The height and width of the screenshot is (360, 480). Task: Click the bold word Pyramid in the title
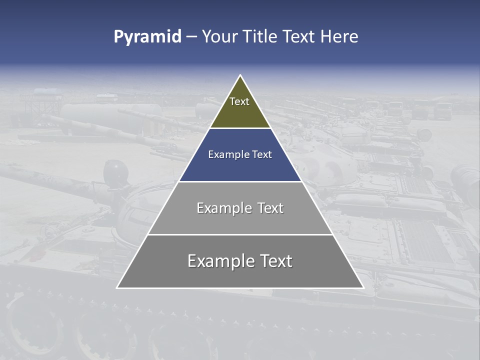coord(147,37)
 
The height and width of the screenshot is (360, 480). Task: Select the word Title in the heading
coord(260,36)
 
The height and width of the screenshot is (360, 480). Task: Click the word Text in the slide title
coord(300,36)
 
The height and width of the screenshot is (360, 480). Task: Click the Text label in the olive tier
coord(239,101)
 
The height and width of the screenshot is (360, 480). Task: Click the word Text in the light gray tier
coord(270,208)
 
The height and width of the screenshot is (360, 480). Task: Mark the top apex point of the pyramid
coord(240,75)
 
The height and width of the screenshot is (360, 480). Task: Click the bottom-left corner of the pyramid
coord(117,288)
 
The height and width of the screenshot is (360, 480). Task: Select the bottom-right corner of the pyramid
coord(363,288)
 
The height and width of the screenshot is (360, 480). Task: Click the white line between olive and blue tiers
coord(240,128)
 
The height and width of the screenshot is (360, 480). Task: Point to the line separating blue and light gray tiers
coord(240,181)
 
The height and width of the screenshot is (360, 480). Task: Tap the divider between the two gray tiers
coord(240,234)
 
